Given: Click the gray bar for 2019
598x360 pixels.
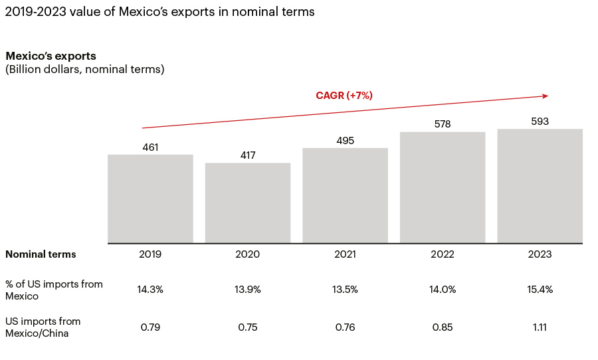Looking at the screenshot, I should [150, 199].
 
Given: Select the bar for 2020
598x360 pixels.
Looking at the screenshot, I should [248, 203].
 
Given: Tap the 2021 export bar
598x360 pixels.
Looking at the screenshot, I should [345, 195].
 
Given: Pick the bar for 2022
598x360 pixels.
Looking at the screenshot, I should [443, 187].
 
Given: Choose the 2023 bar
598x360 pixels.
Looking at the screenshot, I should [540, 186].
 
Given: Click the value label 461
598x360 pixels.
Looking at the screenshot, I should [150, 147].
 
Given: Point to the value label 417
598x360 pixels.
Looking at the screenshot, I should [248, 155].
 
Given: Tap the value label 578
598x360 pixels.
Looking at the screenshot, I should [443, 124].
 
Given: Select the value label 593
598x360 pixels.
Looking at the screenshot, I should [540, 121].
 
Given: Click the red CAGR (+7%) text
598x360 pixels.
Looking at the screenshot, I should [344, 96].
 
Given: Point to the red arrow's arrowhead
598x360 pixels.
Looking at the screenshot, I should [545, 96].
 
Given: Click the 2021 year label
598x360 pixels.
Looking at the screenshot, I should [345, 254].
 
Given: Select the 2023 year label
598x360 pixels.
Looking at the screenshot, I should [540, 254].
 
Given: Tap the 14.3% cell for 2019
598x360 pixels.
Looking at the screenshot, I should [150, 290].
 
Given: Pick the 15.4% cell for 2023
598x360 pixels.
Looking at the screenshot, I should [540, 290].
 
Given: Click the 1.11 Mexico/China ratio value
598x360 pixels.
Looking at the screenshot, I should [540, 327].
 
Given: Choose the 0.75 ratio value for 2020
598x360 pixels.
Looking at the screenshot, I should [248, 327].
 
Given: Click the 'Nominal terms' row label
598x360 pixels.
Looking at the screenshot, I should [41, 254].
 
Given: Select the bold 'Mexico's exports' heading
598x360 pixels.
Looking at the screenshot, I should [50, 56].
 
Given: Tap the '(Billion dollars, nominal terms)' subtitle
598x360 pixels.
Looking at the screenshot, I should [84, 69].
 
